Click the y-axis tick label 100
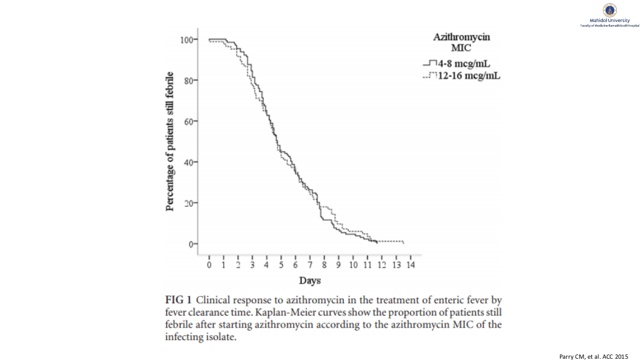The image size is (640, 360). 186,40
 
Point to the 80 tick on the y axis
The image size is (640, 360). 187,81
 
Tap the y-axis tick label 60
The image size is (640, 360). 187,121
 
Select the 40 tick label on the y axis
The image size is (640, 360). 187,162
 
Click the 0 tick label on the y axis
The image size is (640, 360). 190,244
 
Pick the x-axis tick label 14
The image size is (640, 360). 410,265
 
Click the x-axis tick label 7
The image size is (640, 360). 310,265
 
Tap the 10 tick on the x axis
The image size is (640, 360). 352,265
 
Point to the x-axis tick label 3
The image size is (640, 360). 252,265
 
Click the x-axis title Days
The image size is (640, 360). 310,281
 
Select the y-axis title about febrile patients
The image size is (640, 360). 170,142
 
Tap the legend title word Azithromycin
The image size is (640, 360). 462,37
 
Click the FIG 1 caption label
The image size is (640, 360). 178,298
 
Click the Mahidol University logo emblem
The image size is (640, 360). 609,9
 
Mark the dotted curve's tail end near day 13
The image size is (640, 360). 403,242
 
